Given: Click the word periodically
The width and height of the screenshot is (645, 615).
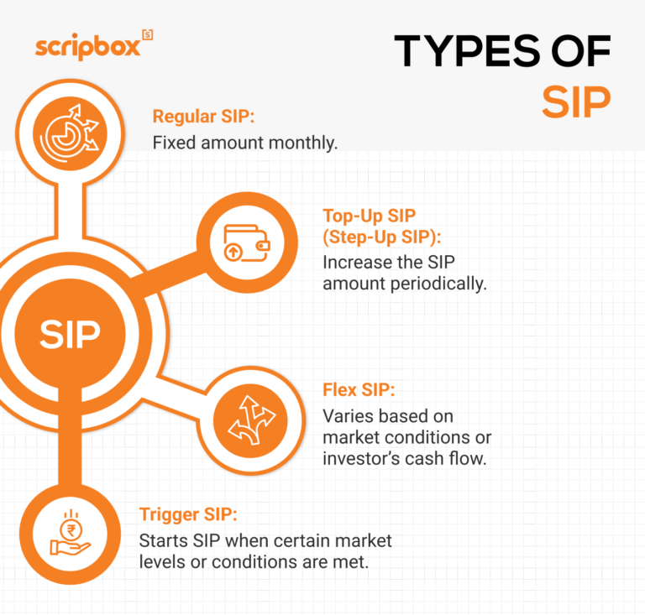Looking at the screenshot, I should tap(438, 284).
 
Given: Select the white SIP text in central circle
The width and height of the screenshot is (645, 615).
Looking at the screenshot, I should tap(70, 333).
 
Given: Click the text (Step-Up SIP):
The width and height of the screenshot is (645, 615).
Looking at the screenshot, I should tap(387, 236).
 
